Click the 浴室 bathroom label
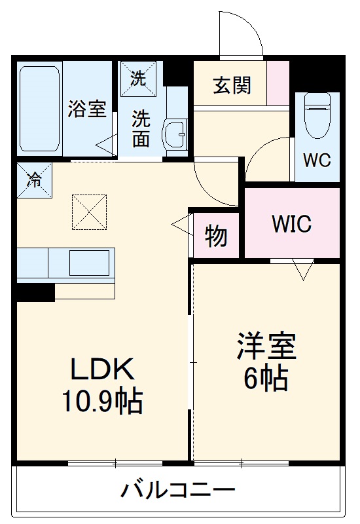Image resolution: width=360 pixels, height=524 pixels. pos(87,109)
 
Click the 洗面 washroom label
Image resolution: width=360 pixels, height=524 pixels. pos(141,129)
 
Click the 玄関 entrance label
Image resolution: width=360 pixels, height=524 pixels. pos(232,85)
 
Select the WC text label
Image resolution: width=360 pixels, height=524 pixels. pos(317,160)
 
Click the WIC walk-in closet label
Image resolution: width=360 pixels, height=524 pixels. pos(292,224)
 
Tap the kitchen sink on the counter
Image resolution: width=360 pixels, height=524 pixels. pos(89,263)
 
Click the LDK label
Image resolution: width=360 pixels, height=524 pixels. pos(103,371)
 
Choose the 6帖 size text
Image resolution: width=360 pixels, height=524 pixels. pos(267,377)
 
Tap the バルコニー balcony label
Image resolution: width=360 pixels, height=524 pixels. pos(178,489)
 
